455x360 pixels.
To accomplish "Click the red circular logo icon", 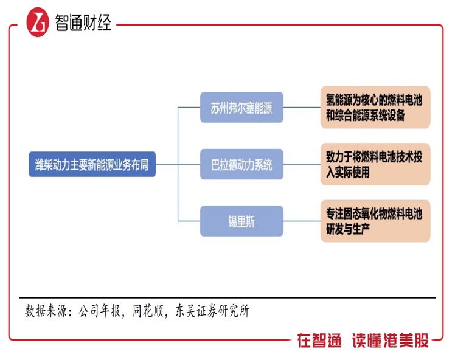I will (38, 22).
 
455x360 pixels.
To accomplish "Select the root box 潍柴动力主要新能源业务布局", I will (92, 164).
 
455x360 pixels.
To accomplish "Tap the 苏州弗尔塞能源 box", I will (241, 108).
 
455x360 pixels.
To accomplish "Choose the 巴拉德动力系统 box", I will (241, 164).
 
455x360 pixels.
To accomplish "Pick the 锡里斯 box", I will (241, 221).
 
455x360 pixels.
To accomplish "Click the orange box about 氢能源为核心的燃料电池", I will (375, 108).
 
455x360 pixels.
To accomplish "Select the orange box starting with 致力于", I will (375, 164).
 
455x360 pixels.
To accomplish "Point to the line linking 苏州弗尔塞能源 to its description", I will (302, 108).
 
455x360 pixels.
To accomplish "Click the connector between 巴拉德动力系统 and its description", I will (302, 164).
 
